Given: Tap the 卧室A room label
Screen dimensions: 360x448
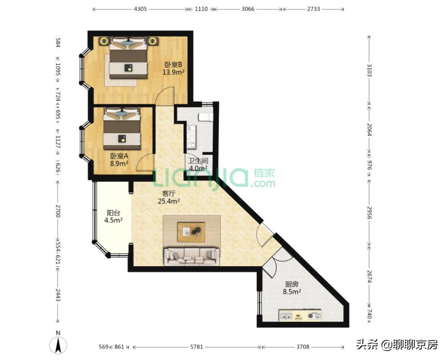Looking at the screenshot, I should tap(119, 156).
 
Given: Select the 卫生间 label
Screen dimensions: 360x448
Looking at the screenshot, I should tap(198, 161).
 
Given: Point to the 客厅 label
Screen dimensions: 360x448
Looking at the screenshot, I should tap(169, 194).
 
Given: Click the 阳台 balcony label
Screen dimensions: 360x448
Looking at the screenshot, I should tap(113, 213).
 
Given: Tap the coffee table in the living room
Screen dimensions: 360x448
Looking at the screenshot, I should tap(191, 232).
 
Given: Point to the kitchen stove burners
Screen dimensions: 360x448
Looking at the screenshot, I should tap(314, 316).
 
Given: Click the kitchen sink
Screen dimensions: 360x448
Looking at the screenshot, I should tap(286, 316).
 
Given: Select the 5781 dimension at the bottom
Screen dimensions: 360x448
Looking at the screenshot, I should tap(196, 347).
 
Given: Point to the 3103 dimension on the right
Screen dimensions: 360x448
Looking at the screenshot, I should tap(369, 70).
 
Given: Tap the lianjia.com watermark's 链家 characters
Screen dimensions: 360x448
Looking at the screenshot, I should tap(264, 173).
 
